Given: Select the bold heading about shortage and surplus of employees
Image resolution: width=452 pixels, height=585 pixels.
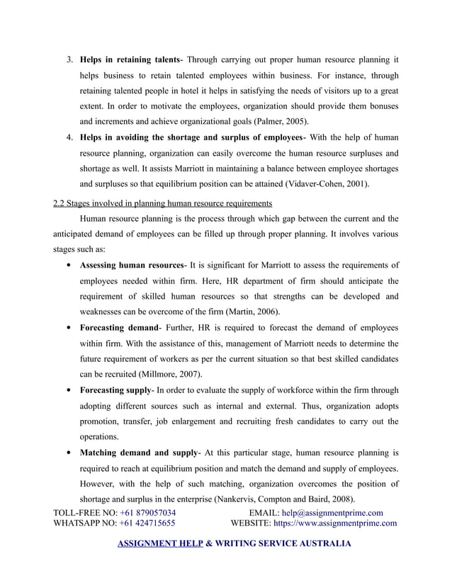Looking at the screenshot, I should coord(191,137).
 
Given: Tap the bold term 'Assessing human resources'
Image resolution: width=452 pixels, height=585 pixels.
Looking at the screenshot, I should coord(132,266).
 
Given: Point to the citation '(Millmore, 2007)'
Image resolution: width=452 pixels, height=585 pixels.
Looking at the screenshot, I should coord(168,374).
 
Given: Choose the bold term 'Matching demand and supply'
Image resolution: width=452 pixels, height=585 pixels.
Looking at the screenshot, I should coord(139,452).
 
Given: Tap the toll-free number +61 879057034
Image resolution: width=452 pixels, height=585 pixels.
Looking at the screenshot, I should coord(148,513).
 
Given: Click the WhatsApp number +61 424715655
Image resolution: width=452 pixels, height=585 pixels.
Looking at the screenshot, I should coord(148,524).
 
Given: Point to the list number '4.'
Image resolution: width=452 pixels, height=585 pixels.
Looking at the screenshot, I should coord(69,137).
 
